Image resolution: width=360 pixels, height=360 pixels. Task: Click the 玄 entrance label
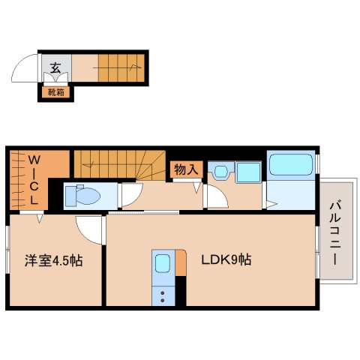pyautogui.click(x=55, y=67)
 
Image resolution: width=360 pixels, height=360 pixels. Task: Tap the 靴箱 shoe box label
pyautogui.click(x=55, y=92)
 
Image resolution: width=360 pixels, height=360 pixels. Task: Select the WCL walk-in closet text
pyautogui.click(x=34, y=180)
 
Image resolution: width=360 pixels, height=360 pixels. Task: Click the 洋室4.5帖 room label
pyautogui.click(x=52, y=260)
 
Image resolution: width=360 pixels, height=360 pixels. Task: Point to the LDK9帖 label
pyautogui.click(x=225, y=260)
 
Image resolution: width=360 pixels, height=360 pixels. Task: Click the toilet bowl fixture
pyautogui.click(x=84, y=196)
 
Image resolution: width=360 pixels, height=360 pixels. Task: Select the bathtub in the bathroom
pyautogui.click(x=291, y=166)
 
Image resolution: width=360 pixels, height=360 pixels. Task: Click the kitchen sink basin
pyautogui.click(x=163, y=263)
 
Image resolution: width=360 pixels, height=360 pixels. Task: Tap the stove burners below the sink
pyautogui.click(x=163, y=293)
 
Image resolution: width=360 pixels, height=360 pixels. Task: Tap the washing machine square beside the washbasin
pyautogui.click(x=247, y=171)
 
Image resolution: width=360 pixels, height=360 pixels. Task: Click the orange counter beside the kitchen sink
pyautogui.click(x=179, y=262)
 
